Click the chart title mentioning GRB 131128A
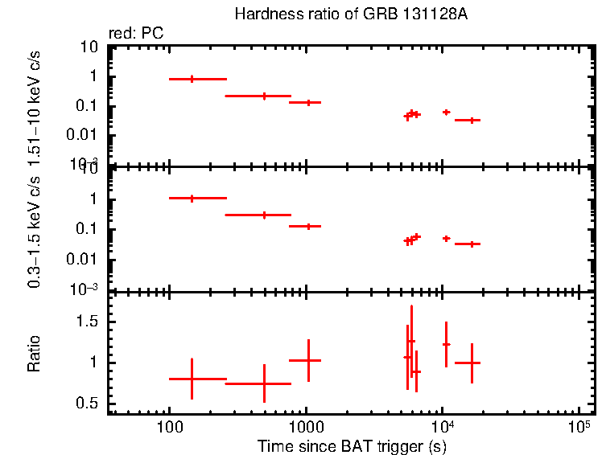tap(350, 14)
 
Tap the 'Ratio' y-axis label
tap(34, 355)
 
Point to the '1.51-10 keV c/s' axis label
tap(34, 105)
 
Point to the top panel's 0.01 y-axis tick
tap(85, 135)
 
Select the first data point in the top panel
tap(192, 79)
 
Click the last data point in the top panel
tap(472, 120)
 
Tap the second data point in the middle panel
tap(264, 215)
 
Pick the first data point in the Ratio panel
tap(192, 379)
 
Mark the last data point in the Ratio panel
tap(472, 363)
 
